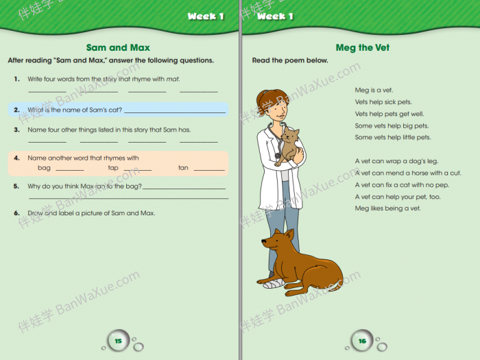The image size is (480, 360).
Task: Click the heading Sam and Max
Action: point(117,47)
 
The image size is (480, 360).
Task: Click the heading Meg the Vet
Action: point(363,48)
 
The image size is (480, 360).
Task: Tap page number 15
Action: point(118,341)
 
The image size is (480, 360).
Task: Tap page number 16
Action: point(362,341)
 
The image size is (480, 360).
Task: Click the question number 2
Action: point(16,110)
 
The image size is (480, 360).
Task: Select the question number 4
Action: point(16,158)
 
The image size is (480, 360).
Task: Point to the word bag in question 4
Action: point(44,168)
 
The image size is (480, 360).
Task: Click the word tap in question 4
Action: point(113,168)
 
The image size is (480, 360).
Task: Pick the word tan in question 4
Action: point(183,168)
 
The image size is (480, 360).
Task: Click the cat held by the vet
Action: point(291,145)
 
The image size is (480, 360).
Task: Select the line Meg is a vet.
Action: point(374,91)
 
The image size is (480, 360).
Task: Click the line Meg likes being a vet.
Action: point(387,208)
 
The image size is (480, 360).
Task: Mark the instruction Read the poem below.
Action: point(290,60)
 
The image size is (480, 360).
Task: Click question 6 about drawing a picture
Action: point(91,213)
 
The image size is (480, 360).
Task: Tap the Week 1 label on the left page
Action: point(206,16)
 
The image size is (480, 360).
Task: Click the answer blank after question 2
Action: point(175,111)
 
